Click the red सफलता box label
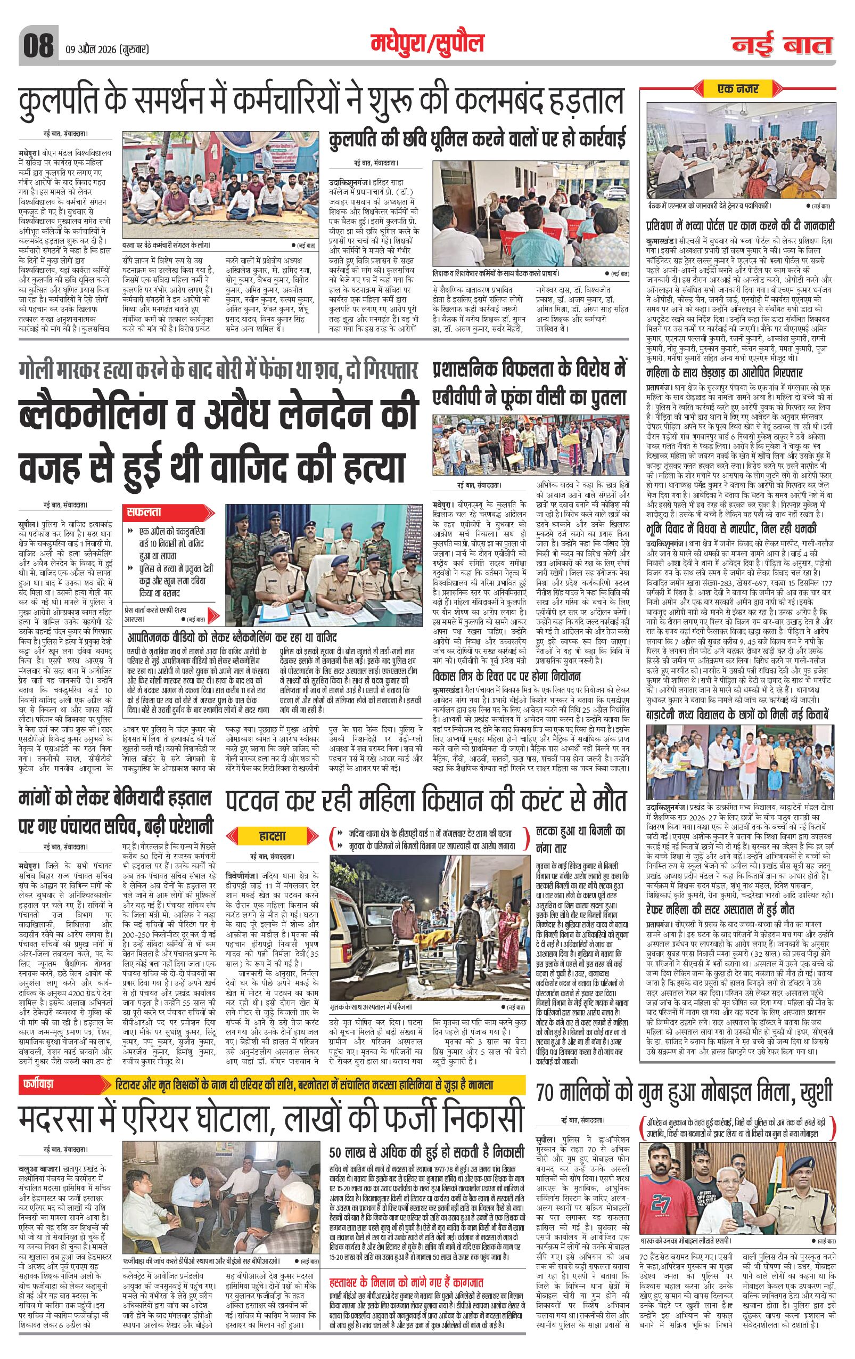pos(145,513)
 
